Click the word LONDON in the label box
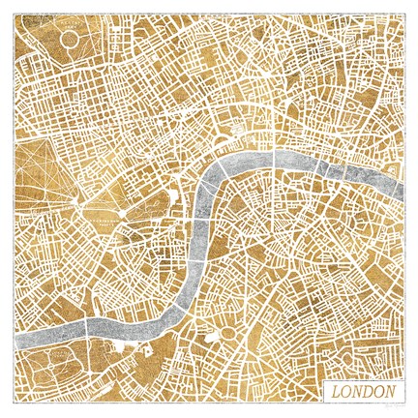363,392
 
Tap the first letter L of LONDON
337,392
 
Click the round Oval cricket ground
229,334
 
